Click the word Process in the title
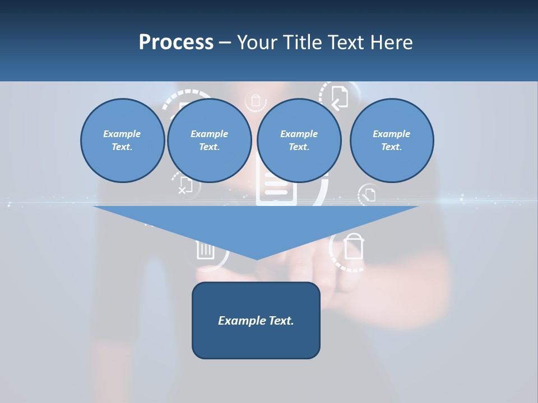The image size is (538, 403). click(176, 42)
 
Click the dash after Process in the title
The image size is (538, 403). click(225, 43)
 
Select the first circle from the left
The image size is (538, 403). click(122, 140)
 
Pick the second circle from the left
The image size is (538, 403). click(209, 140)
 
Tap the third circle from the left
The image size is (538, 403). click(299, 140)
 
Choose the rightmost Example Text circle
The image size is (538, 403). click(391, 140)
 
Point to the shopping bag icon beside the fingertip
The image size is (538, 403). click(354, 247)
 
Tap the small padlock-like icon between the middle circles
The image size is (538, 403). click(256, 101)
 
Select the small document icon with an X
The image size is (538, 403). click(185, 185)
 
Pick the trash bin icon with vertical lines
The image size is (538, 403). click(205, 250)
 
